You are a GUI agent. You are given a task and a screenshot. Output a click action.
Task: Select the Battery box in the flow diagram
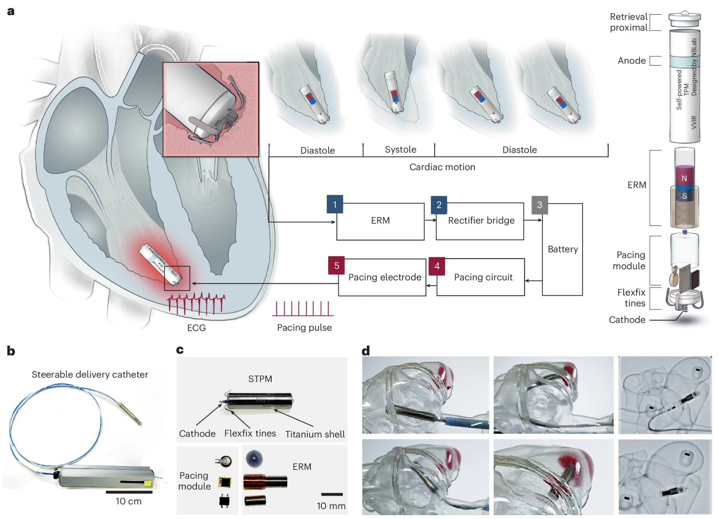(563, 249)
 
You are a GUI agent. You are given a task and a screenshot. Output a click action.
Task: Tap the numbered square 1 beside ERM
(335, 205)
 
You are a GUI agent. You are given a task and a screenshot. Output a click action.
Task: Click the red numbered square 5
(336, 266)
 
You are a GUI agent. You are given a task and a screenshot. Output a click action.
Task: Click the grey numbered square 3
(539, 205)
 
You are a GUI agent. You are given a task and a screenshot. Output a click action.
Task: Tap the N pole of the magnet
(684, 178)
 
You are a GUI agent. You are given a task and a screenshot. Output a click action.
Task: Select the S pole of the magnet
(684, 196)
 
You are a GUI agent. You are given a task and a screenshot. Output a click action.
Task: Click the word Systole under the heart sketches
(400, 150)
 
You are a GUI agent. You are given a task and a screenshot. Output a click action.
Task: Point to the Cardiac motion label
(442, 167)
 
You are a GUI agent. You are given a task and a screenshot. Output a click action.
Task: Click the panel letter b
(11, 351)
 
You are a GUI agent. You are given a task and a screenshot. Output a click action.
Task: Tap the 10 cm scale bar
(129, 492)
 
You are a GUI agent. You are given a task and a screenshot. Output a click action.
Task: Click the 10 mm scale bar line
(332, 494)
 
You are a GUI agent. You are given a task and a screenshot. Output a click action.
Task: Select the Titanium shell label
(315, 434)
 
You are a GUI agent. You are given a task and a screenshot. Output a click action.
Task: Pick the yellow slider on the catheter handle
(147, 484)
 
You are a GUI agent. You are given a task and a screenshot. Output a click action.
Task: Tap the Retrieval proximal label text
(628, 22)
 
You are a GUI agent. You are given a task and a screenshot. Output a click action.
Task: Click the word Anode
(631, 61)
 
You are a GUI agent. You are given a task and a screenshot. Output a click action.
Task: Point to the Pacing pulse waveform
(303, 309)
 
